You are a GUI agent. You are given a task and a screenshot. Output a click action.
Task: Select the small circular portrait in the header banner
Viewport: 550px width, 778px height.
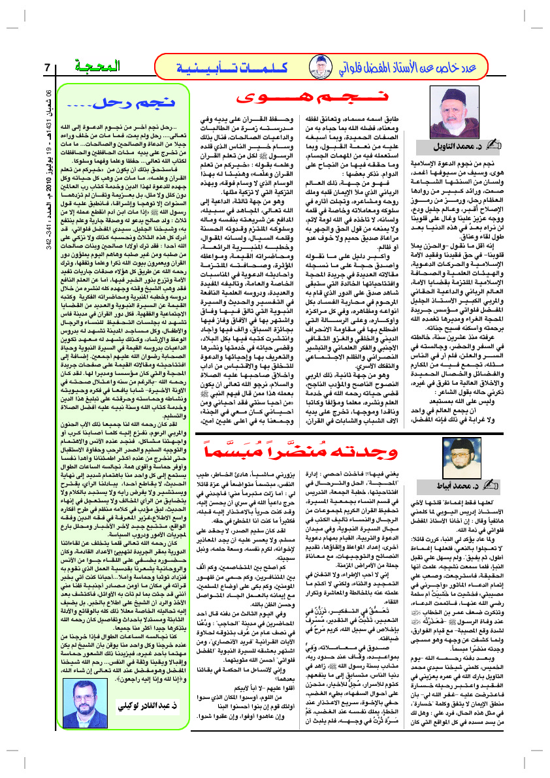pos(322,67)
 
